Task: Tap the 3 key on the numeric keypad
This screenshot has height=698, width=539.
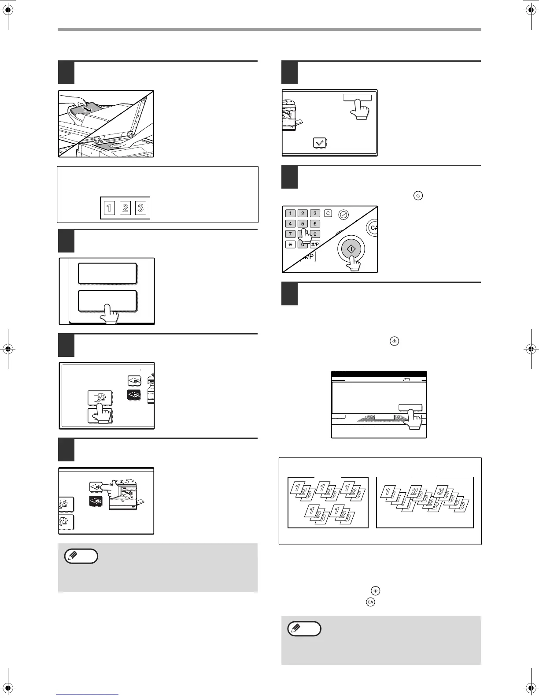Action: click(315, 213)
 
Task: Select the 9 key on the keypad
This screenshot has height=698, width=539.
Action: click(315, 234)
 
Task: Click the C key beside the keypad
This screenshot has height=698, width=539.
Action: click(328, 213)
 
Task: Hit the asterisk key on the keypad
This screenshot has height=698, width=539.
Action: click(290, 245)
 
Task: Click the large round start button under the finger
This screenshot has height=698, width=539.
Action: click(351, 249)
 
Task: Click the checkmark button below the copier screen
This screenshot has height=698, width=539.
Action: click(320, 143)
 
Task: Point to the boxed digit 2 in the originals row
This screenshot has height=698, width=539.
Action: click(126, 208)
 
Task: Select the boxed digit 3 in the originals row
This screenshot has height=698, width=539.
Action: click(140, 208)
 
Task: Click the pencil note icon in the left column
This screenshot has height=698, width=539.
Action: click(81, 556)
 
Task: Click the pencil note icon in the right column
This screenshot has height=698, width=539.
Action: click(304, 628)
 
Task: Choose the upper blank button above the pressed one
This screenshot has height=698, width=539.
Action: click(107, 274)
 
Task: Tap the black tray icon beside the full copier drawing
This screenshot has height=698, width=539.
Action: click(96, 501)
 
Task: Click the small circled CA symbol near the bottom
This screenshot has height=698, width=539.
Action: click(370, 602)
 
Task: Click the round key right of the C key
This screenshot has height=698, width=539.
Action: click(343, 215)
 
